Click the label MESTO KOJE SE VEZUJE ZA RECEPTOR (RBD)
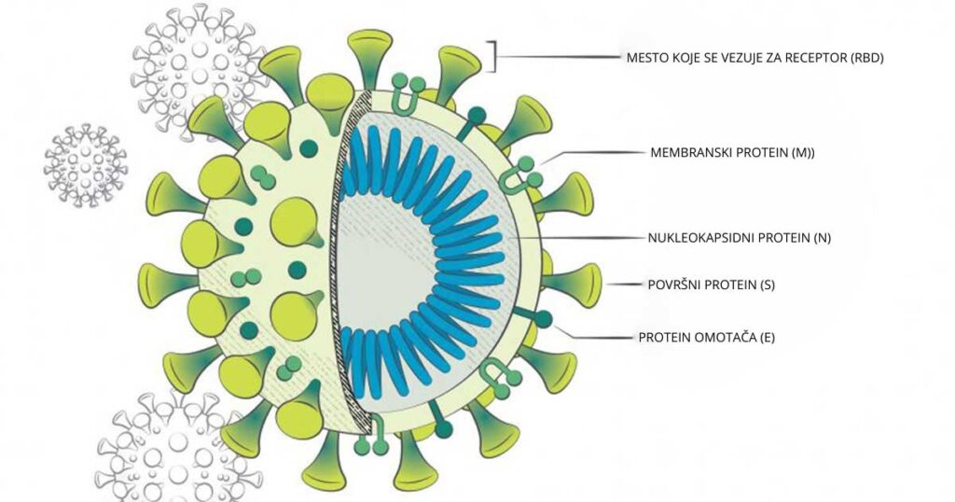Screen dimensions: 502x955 tap(754, 58)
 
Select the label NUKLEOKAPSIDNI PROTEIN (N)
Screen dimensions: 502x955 tap(739, 238)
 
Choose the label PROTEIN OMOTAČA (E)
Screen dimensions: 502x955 tap(706, 337)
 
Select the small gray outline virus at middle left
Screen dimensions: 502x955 tap(86, 164)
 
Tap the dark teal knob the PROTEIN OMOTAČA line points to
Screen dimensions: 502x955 tap(543, 319)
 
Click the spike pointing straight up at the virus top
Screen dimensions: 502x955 tap(369, 56)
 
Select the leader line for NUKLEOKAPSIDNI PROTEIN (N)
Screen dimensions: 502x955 tap(578, 238)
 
